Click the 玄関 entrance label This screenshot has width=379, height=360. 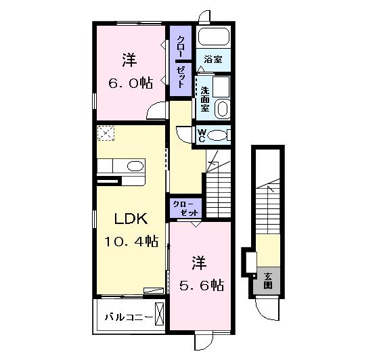[x=268, y=281]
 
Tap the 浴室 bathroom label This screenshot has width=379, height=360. [x=213, y=60]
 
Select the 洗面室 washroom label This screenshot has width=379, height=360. [x=204, y=99]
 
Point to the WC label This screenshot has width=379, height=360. [x=202, y=135]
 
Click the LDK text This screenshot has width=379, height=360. [x=131, y=219]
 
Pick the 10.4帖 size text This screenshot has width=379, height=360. [x=131, y=242]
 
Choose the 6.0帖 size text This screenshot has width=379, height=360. [x=131, y=83]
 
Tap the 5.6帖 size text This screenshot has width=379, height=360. [x=202, y=285]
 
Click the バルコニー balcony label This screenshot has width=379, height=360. [x=129, y=317]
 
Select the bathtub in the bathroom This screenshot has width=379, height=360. [x=214, y=37]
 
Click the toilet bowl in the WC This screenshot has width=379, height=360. [x=217, y=135]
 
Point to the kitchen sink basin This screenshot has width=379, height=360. [x=135, y=166]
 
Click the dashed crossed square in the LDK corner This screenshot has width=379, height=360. [x=106, y=133]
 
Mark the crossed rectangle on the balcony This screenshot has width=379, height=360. [x=159, y=314]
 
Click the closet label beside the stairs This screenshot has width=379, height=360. [x=185, y=208]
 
